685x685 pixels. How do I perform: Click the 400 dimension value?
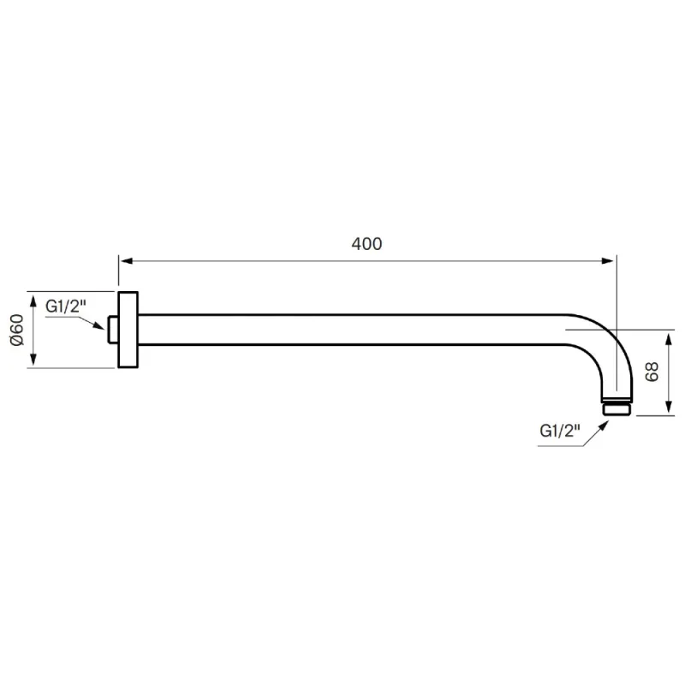366,244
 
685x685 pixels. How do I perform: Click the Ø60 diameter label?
17,330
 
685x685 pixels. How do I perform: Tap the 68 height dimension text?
652,372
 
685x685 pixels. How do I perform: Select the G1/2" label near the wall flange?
63,307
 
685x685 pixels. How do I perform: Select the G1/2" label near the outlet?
560,431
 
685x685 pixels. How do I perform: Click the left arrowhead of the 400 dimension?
126,261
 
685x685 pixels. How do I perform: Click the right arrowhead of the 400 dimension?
607,261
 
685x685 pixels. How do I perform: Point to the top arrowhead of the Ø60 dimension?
33,301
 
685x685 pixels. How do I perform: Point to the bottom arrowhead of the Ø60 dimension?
33,359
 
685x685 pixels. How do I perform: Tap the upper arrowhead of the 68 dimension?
669,339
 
